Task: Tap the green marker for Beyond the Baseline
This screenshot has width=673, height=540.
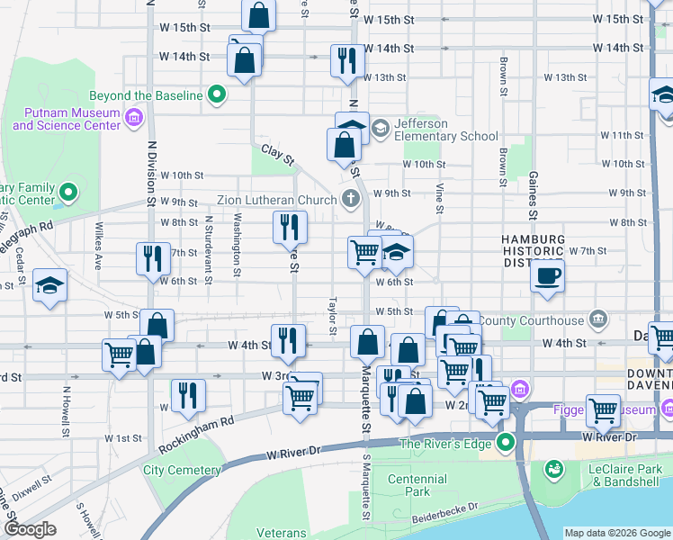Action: pos(217,93)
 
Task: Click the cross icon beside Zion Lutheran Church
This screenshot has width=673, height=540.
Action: pos(351,200)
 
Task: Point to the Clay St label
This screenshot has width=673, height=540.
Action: pos(279,154)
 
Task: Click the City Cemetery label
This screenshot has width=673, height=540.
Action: pos(182,470)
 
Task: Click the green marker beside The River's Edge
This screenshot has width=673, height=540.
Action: pos(507,443)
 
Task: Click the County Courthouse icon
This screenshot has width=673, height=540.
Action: pos(596,320)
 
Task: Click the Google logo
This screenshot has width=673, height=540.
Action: pos(30,529)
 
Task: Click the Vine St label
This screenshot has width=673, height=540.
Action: pos(440,197)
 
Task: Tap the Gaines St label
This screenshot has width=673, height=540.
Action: pos(534,196)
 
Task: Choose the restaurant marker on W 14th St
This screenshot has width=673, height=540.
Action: pos(347,60)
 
